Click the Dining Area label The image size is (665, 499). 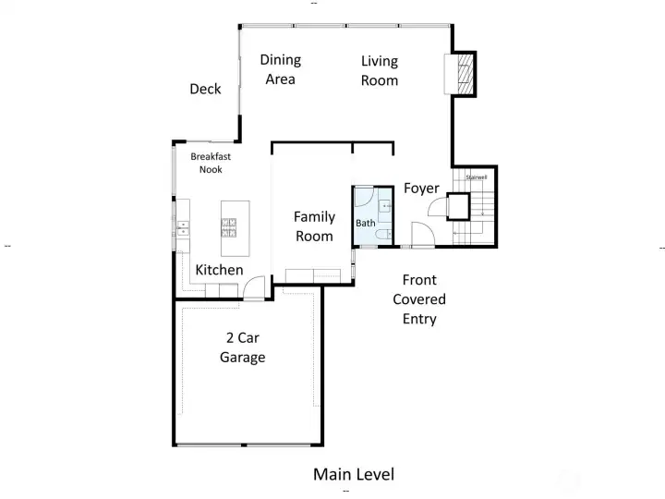point(280,69)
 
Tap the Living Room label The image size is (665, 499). point(379,70)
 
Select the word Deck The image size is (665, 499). point(205,89)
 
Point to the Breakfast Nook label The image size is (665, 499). point(211,163)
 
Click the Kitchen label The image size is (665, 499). point(219,270)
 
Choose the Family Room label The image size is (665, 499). point(314,226)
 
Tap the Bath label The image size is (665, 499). point(366,224)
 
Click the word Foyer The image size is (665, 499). point(421,189)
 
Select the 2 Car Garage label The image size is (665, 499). point(242,347)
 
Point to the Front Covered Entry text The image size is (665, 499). point(418,299)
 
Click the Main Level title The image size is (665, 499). point(353,474)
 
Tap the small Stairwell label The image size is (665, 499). point(475,176)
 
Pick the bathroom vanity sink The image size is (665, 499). point(384,206)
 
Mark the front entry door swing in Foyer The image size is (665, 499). point(422,235)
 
